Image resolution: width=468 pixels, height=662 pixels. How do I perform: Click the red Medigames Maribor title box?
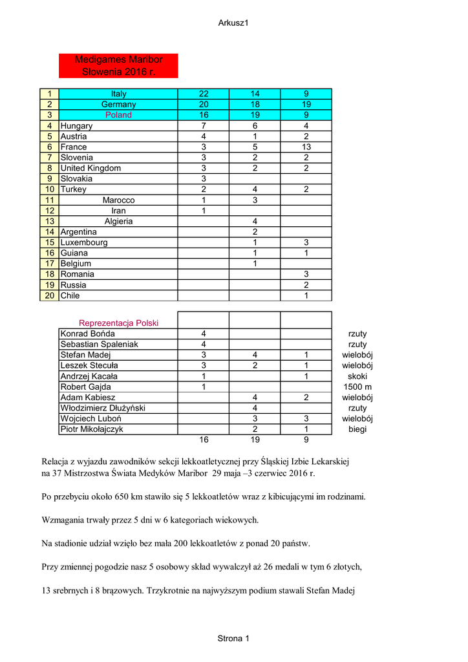click(118, 65)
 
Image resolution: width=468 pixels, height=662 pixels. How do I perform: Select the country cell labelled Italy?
click(118, 94)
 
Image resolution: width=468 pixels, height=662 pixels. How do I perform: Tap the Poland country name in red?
click(118, 115)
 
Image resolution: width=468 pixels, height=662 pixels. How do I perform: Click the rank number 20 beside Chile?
click(49, 295)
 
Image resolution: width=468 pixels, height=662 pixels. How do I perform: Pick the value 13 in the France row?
click(306, 147)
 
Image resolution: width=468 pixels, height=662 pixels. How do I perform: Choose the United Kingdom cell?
click(90, 168)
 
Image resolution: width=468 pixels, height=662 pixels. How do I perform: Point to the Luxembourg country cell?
click(84, 242)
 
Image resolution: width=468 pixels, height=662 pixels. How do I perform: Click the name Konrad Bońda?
click(87, 334)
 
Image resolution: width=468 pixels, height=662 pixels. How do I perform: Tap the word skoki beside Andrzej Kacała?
click(357, 376)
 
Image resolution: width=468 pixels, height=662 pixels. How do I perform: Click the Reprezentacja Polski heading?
click(118, 323)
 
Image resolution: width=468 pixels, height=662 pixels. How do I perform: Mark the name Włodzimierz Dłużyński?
click(103, 408)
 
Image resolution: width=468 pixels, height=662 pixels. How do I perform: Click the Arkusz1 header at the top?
click(233, 23)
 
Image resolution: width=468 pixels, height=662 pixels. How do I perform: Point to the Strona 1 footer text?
click(233, 639)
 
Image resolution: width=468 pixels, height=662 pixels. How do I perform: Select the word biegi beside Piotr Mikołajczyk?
click(357, 429)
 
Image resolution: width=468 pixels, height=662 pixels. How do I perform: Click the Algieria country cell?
click(118, 221)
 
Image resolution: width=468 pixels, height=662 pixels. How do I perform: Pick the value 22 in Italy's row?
click(204, 94)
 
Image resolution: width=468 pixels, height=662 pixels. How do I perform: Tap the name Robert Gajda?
click(85, 387)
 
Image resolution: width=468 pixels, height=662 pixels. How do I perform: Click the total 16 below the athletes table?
click(204, 440)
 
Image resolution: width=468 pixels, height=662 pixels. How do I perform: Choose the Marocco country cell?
click(118, 200)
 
